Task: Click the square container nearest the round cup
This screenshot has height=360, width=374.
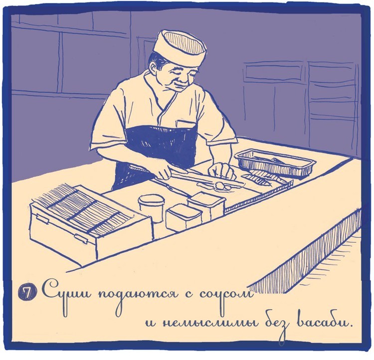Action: (x=184, y=218)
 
